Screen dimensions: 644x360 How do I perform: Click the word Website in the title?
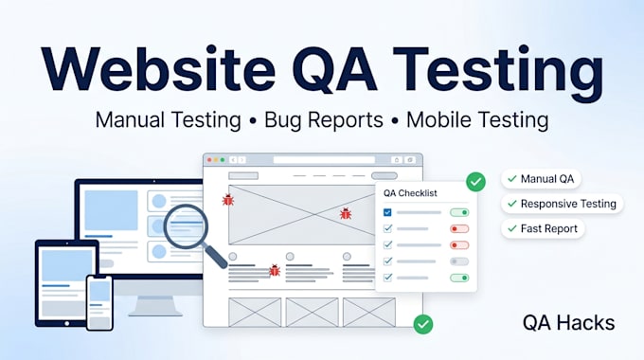tap(158, 68)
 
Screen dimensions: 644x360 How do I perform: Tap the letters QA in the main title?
tap(334, 68)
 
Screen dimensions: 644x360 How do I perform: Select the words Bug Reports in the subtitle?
tap(324, 120)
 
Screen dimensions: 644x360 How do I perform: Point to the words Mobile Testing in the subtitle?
tap(477, 120)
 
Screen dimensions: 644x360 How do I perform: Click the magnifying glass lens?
tap(186, 226)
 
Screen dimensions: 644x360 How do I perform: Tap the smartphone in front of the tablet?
tap(99, 302)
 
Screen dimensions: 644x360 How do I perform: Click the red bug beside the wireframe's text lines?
tap(275, 270)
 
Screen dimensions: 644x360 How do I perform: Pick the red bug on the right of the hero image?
tap(346, 213)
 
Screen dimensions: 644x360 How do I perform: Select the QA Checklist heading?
tap(410, 193)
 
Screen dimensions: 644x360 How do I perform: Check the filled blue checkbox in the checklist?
tap(387, 212)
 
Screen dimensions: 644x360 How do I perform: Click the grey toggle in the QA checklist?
tap(459, 261)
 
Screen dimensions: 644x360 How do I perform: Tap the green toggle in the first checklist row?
tap(459, 212)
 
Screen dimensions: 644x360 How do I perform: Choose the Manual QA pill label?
tap(541, 179)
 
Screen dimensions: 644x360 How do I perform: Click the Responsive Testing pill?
tap(562, 204)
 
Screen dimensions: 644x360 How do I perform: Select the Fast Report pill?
tap(543, 228)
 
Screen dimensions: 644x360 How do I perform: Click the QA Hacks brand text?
tap(569, 323)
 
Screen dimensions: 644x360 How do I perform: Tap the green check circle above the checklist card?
tap(476, 182)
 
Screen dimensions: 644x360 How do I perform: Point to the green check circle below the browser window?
tap(423, 324)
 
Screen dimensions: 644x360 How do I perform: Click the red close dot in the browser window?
tap(209, 160)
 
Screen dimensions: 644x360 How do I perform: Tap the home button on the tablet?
tap(67, 323)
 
